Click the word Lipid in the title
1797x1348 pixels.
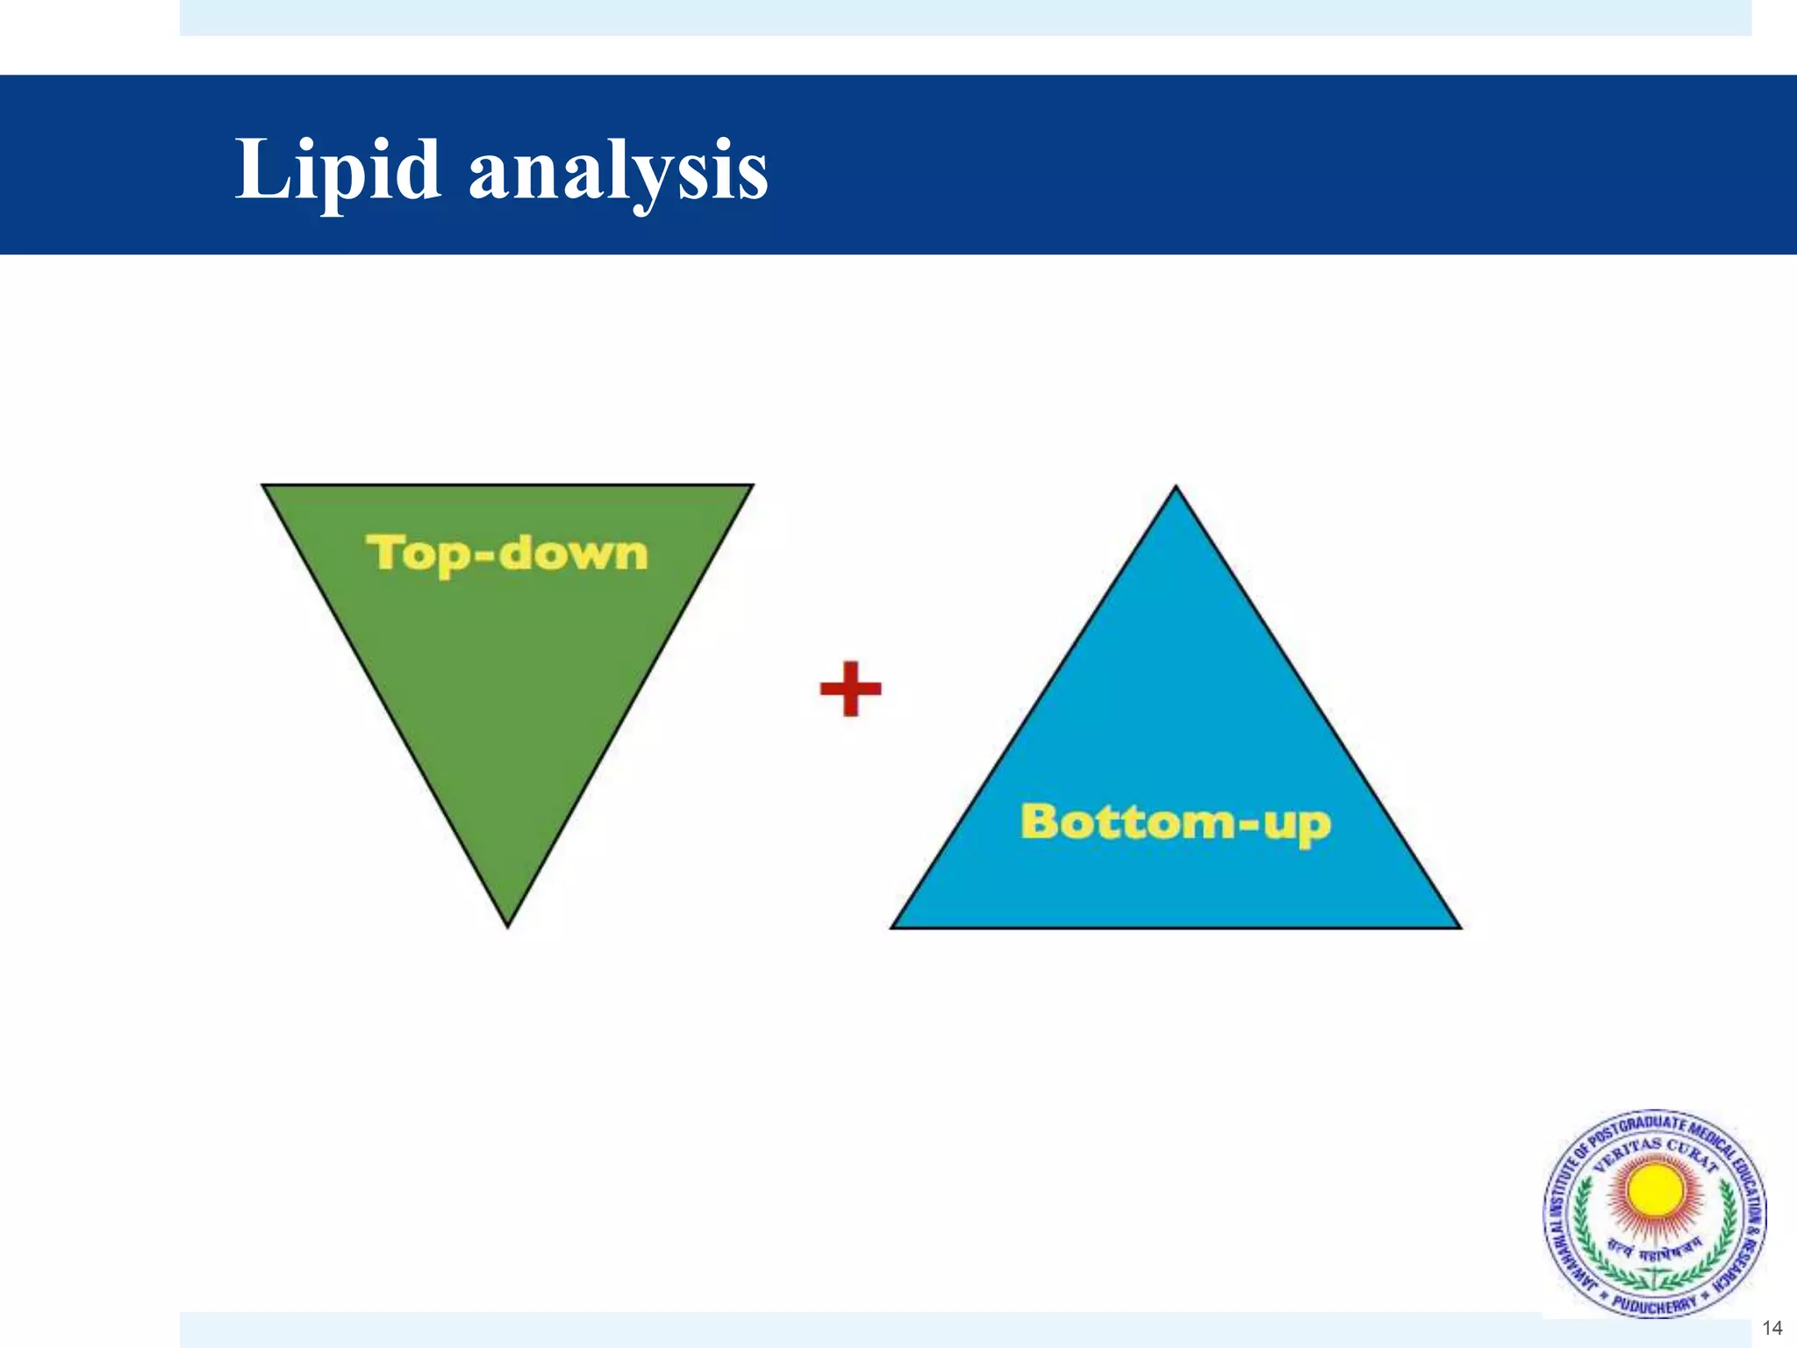[x=338, y=171]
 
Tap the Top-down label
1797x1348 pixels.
[x=507, y=554]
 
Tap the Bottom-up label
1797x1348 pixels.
[x=1176, y=823]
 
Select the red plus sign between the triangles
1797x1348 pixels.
[x=850, y=689]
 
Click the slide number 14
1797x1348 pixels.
[x=1772, y=1328]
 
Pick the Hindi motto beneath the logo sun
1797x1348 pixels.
[x=1654, y=1246]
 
